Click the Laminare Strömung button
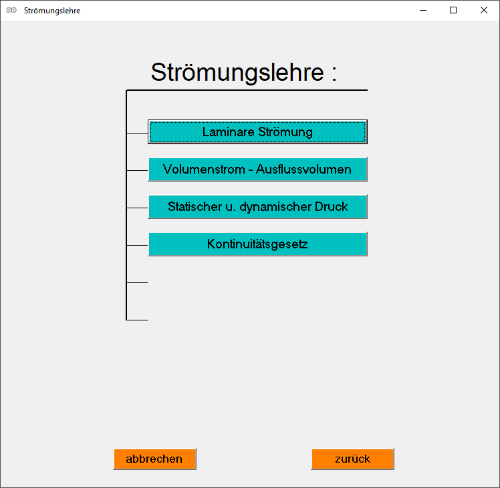tap(257, 132)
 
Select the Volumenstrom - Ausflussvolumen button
tap(257, 170)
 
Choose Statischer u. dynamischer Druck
tap(257, 207)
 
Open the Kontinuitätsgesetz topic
tap(257, 244)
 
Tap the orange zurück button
tap(352, 459)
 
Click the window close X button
tap(483, 10)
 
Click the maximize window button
tap(453, 10)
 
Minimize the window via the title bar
tap(422, 10)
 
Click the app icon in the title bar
tap(11, 10)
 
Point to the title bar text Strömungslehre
tap(52, 11)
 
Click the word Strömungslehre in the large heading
tap(237, 72)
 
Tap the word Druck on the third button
tap(332, 207)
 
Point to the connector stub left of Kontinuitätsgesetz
tap(137, 245)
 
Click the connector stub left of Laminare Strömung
tap(137, 133)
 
